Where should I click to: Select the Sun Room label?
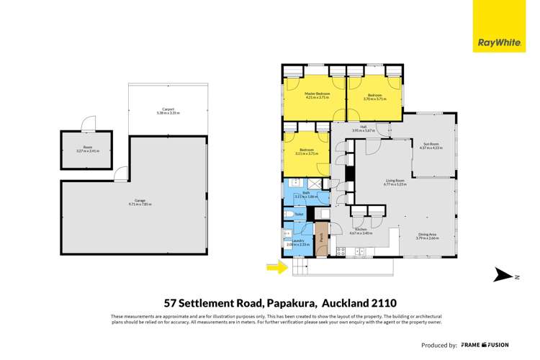pyautogui.click(x=431, y=146)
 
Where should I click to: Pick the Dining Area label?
pyautogui.click(x=427, y=234)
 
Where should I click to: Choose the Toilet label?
pyautogui.click(x=299, y=214)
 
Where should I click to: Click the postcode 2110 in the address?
pyautogui.click(x=382, y=303)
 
